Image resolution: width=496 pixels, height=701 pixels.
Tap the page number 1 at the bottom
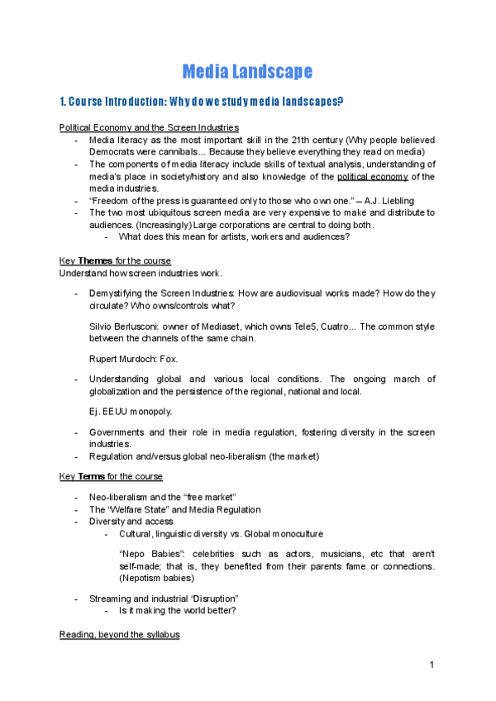pyautogui.click(x=432, y=665)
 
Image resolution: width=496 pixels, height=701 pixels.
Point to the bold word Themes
pyautogui.click(x=95, y=260)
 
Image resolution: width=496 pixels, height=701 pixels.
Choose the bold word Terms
pyautogui.click(x=93, y=477)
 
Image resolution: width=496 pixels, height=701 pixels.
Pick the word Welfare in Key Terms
pyautogui.click(x=129, y=509)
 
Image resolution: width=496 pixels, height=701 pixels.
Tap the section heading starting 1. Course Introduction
pyautogui.click(x=202, y=103)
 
